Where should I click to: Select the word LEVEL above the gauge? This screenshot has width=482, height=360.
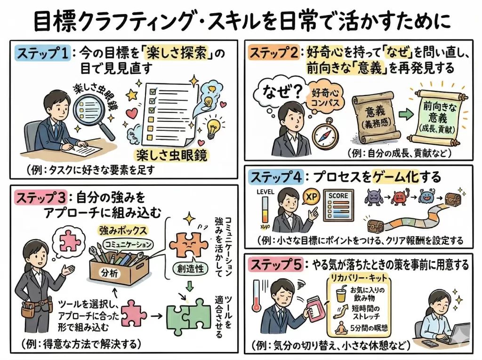pos(266,192)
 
